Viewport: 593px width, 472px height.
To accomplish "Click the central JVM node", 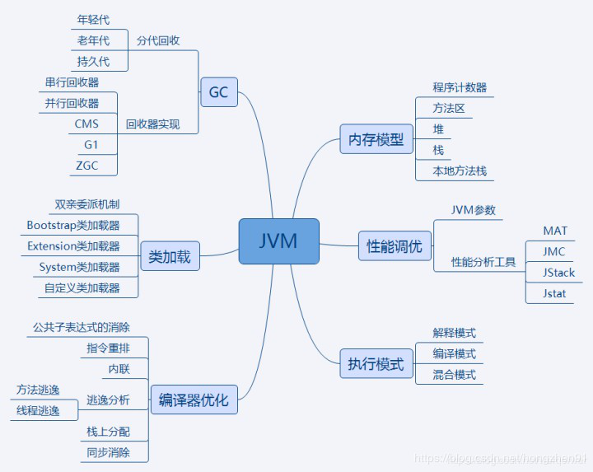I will (278, 241).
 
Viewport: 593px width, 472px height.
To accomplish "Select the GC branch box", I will (218, 92).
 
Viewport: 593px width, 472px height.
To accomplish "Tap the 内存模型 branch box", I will (376, 139).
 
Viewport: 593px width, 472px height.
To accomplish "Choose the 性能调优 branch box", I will (395, 245).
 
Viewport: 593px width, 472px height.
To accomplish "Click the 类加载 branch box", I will (170, 256).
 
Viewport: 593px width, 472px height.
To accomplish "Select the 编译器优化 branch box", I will (194, 401).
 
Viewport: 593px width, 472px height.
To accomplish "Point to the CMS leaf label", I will (86, 124).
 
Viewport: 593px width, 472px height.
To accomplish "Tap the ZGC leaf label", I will (86, 166).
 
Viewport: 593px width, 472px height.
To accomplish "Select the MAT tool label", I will (555, 231).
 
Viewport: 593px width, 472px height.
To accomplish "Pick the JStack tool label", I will (558, 273).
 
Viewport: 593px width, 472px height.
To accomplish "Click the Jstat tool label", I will (554, 293).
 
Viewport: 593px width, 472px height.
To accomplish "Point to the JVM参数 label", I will (474, 210).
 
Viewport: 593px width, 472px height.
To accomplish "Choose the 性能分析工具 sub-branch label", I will (483, 262).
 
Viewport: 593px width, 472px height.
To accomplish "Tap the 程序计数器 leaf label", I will (460, 87).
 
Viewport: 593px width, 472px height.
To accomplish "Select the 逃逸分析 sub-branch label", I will (108, 400).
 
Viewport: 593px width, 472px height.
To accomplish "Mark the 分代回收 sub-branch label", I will (159, 40).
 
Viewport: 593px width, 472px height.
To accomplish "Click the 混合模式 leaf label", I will (455, 375).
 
